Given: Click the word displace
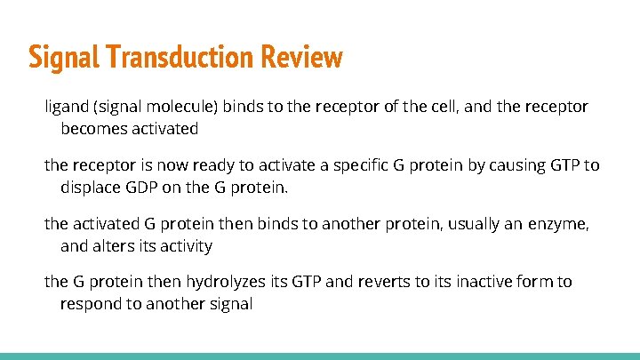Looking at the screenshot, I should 92,188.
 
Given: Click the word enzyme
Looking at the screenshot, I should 559,225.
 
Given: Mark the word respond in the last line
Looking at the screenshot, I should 90,304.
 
